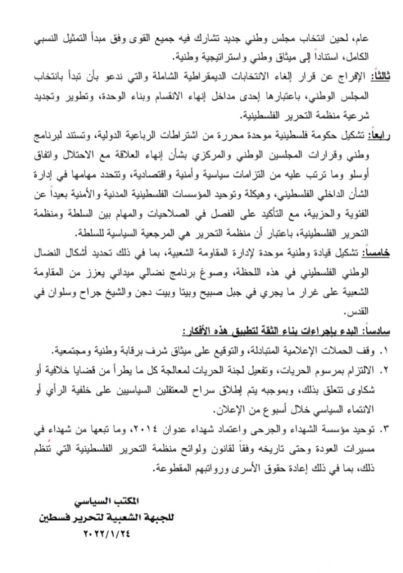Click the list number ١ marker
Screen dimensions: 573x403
point(384,351)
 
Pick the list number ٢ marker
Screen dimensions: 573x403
point(384,371)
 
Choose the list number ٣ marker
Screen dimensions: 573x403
point(384,428)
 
